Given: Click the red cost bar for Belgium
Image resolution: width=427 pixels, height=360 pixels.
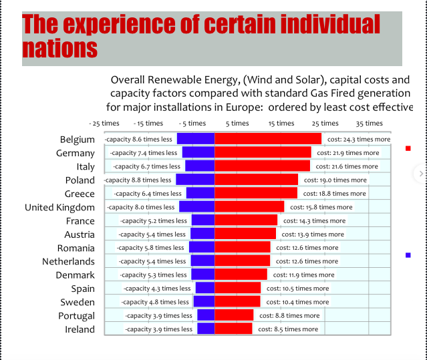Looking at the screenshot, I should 267,139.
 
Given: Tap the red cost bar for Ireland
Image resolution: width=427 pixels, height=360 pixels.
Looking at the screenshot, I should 233,329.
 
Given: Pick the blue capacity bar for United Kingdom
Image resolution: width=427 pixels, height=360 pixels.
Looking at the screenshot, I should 196,207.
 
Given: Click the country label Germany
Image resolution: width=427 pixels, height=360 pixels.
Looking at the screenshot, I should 76,153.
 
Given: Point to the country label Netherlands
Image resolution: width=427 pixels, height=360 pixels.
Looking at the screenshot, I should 68,261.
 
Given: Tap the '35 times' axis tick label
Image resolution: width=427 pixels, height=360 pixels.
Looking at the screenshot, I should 369,123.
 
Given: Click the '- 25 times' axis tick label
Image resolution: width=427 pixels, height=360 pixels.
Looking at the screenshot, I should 105,123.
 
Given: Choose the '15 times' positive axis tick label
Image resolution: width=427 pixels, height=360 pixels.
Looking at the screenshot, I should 281,123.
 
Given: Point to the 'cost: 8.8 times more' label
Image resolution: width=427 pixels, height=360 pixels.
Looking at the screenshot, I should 289,315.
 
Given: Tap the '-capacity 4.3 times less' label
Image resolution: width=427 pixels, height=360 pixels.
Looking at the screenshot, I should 158,289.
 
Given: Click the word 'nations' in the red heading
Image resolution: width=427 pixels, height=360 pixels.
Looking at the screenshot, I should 59,48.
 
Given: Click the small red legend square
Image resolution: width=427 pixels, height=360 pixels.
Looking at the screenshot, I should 408,148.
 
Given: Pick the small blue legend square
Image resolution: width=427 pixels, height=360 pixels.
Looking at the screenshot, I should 408,254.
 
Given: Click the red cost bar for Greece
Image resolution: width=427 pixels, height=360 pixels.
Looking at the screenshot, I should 256,193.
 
